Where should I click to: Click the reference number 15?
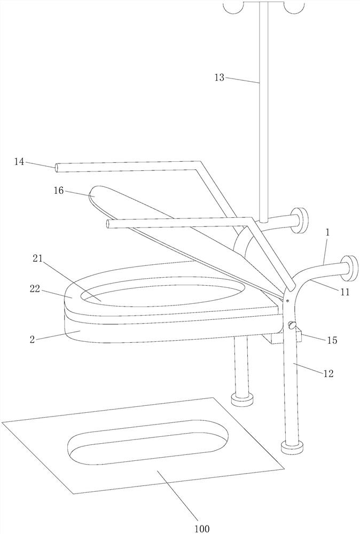(332, 340)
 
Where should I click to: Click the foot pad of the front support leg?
(291, 446)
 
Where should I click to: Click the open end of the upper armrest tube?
(57, 168)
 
